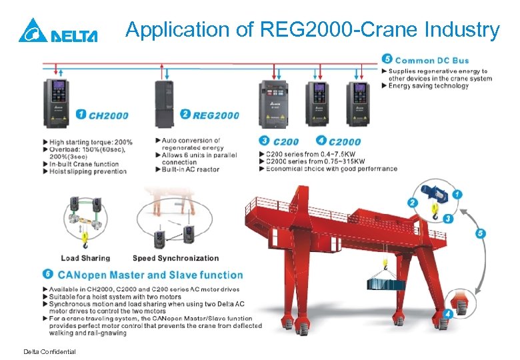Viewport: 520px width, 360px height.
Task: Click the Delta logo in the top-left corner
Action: click(x=58, y=31)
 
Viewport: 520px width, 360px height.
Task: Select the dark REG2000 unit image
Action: click(x=166, y=103)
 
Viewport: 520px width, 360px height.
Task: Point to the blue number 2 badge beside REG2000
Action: click(x=185, y=115)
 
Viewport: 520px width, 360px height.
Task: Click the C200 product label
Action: click(x=285, y=141)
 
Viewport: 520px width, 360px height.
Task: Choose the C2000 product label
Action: click(x=345, y=141)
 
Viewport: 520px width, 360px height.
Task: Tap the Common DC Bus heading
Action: click(x=433, y=61)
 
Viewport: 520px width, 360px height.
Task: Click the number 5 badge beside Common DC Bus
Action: click(x=388, y=59)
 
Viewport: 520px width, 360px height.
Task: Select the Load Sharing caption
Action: click(x=85, y=258)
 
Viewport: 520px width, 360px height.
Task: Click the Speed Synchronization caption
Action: click(x=175, y=258)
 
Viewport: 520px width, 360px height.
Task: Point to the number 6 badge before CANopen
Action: click(x=47, y=274)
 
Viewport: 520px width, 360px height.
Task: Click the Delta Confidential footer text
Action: click(x=49, y=351)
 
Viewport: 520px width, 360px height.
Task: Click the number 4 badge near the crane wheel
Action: click(x=448, y=313)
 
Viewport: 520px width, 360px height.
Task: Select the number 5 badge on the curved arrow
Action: click(x=481, y=233)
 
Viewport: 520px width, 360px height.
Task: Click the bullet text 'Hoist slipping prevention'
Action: click(x=87, y=171)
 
